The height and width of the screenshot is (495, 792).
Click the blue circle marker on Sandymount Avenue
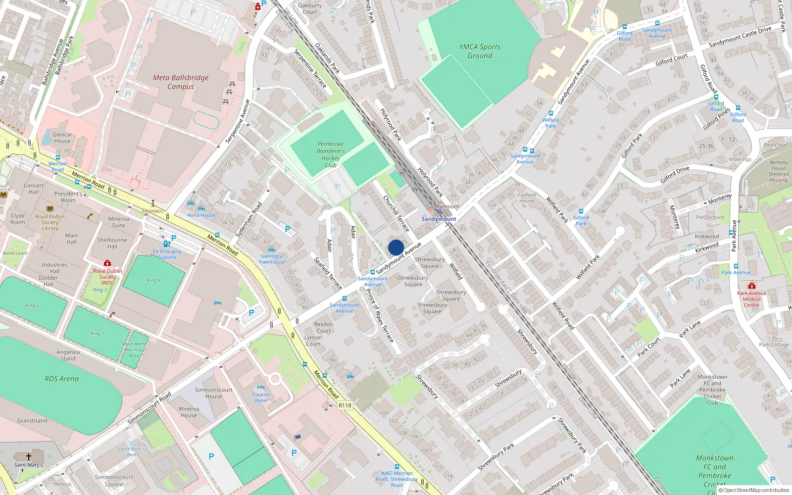pos(396,247)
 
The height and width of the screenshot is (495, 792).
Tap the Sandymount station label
pos(439,219)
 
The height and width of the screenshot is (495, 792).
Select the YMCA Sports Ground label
pos(480,51)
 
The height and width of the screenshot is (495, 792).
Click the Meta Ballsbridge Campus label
pos(181,82)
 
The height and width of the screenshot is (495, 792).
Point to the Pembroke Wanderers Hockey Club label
pos(331,154)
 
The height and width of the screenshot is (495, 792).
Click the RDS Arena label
pos(61,379)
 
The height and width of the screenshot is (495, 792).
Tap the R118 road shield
pos(345,405)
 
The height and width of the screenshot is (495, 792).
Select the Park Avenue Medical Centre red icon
pos(751,286)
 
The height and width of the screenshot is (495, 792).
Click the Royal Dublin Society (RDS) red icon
pos(107,263)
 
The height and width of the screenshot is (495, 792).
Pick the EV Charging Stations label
pos(167,254)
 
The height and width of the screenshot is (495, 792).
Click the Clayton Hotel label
pos(261,397)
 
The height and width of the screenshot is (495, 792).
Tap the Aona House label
pos(201,215)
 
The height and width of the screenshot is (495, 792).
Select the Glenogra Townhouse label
pos(272,259)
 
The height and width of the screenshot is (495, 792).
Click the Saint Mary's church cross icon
pos(29,457)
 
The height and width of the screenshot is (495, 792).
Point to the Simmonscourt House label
pos(213,393)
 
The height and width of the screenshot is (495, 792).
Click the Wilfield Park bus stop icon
pos(550,113)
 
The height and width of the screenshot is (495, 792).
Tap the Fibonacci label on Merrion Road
pos(153,211)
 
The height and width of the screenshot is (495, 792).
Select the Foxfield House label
pos(527,198)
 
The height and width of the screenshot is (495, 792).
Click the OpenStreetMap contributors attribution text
pos(753,490)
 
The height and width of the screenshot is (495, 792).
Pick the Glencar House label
pos(62,138)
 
